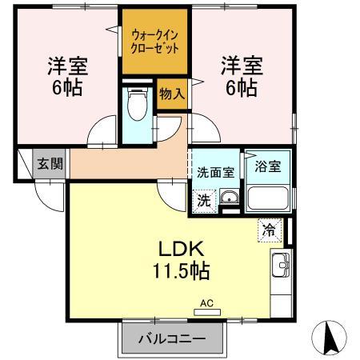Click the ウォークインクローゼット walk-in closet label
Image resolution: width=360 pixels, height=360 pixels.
[154, 40]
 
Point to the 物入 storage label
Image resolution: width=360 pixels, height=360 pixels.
[172, 94]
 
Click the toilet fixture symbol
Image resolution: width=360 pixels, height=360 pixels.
[137, 104]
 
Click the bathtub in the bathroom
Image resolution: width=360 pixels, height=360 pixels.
[266, 198]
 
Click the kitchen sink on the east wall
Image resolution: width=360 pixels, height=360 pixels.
[281, 267]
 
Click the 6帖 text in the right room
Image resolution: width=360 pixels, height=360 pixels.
[240, 89]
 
